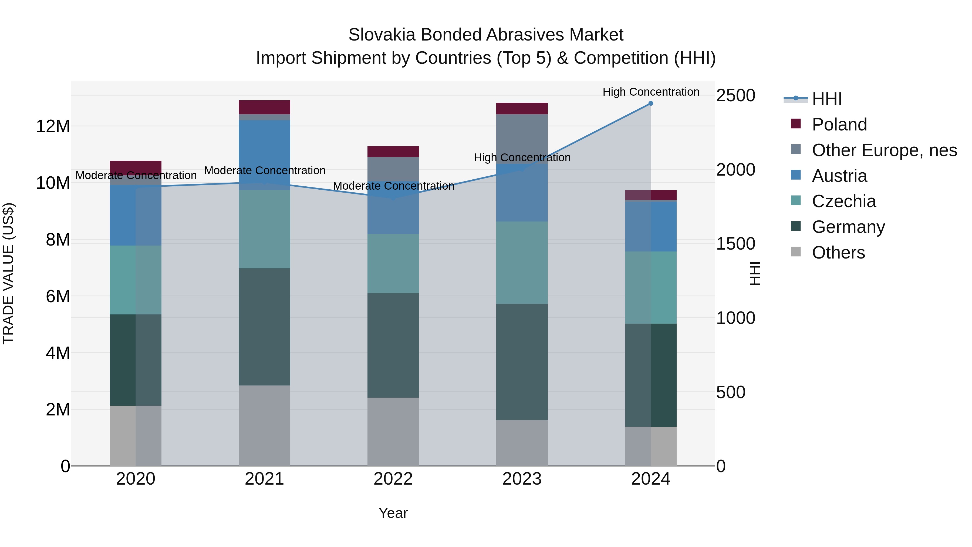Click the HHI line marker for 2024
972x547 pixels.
pyautogui.click(x=650, y=103)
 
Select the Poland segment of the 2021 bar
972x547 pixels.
pyautogui.click(x=264, y=107)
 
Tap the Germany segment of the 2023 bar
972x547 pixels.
pyautogui.click(x=522, y=362)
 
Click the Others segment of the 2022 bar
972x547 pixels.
pyautogui.click(x=393, y=431)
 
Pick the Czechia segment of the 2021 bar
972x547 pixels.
pyautogui.click(x=264, y=229)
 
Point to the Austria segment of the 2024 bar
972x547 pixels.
pyautogui.click(x=650, y=227)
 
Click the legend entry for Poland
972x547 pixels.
pyautogui.click(x=839, y=125)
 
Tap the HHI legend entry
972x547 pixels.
pyautogui.click(x=826, y=99)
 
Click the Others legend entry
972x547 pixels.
pyautogui.click(x=838, y=253)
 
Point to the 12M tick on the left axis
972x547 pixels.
pyautogui.click(x=53, y=126)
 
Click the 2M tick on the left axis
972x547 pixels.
pyautogui.click(x=58, y=410)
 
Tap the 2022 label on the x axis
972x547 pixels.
pyautogui.click(x=393, y=479)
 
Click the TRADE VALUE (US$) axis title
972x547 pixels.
pyautogui.click(x=8, y=273)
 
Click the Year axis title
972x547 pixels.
pyautogui.click(x=393, y=513)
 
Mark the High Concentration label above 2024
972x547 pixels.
pyautogui.click(x=650, y=92)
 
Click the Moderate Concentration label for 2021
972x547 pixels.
pyautogui.click(x=265, y=171)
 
